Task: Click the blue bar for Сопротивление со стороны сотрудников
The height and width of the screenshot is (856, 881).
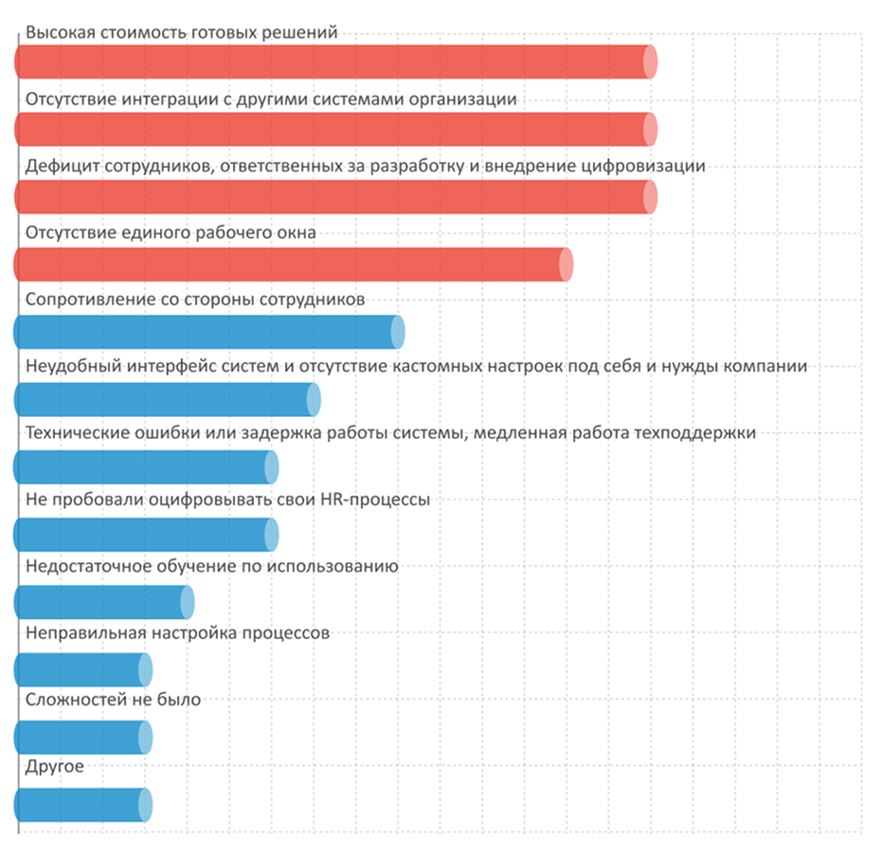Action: pyautogui.click(x=209, y=332)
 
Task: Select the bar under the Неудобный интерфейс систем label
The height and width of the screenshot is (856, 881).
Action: pyautogui.click(x=167, y=399)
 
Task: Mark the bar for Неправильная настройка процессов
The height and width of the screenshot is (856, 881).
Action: pyautogui.click(x=82, y=670)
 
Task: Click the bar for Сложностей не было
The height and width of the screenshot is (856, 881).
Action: pyautogui.click(x=82, y=738)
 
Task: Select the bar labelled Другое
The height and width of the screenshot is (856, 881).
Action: pyautogui.click(x=82, y=805)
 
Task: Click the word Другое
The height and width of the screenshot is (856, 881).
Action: pyautogui.click(x=55, y=767)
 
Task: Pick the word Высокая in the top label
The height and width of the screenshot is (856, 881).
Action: pyautogui.click(x=58, y=32)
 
